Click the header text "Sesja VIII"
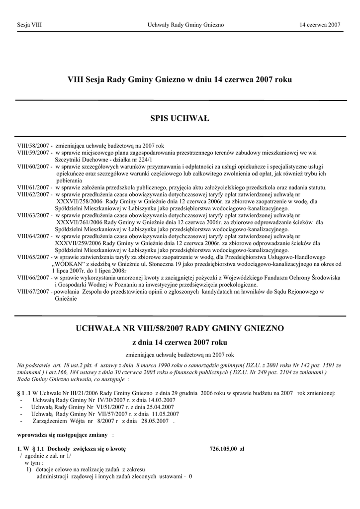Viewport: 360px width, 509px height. click(x=29, y=25)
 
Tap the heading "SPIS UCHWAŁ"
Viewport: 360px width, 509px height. click(x=180, y=118)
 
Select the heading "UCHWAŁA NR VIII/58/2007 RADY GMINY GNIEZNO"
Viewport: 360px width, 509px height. click(x=180, y=329)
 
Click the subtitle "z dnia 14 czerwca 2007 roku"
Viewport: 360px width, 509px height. click(x=180, y=343)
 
